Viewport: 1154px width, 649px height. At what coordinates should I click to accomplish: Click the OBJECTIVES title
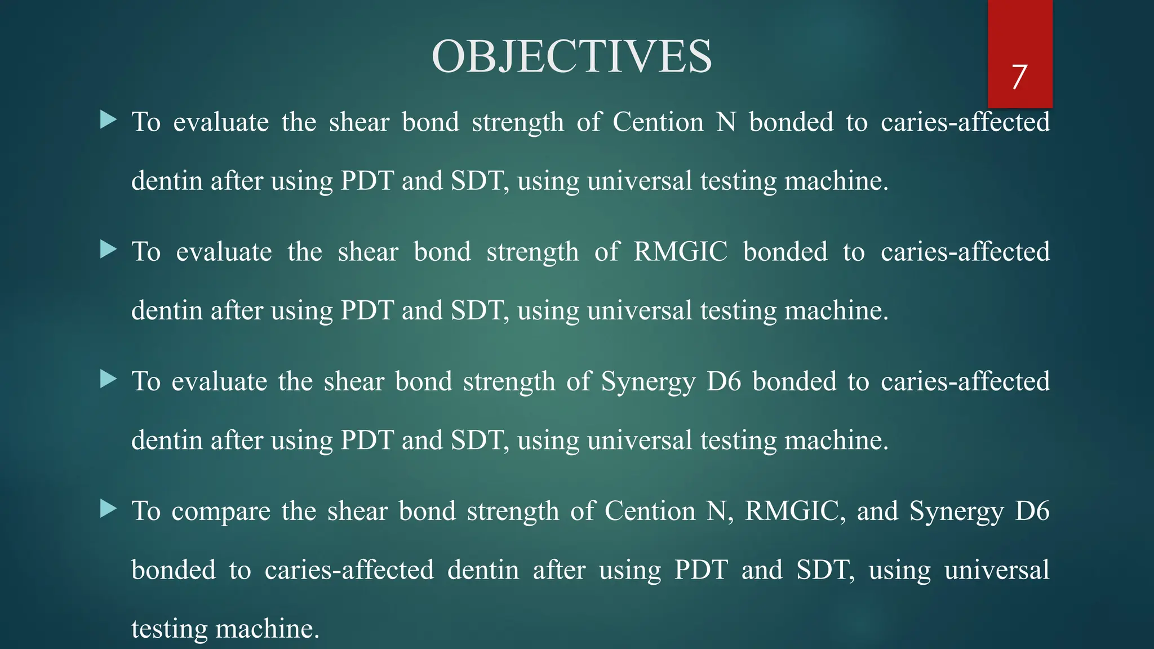(x=571, y=56)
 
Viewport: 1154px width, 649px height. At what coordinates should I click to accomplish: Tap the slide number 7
(x=1019, y=77)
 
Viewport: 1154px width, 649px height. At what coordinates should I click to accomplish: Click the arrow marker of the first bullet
(x=108, y=119)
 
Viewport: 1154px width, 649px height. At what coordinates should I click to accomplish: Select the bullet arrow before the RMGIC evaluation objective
(x=108, y=249)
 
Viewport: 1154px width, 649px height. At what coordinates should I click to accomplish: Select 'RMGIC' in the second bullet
(x=680, y=252)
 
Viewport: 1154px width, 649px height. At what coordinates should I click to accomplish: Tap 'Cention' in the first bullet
(x=658, y=122)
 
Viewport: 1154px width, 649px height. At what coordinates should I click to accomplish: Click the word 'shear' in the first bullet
(x=359, y=122)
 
